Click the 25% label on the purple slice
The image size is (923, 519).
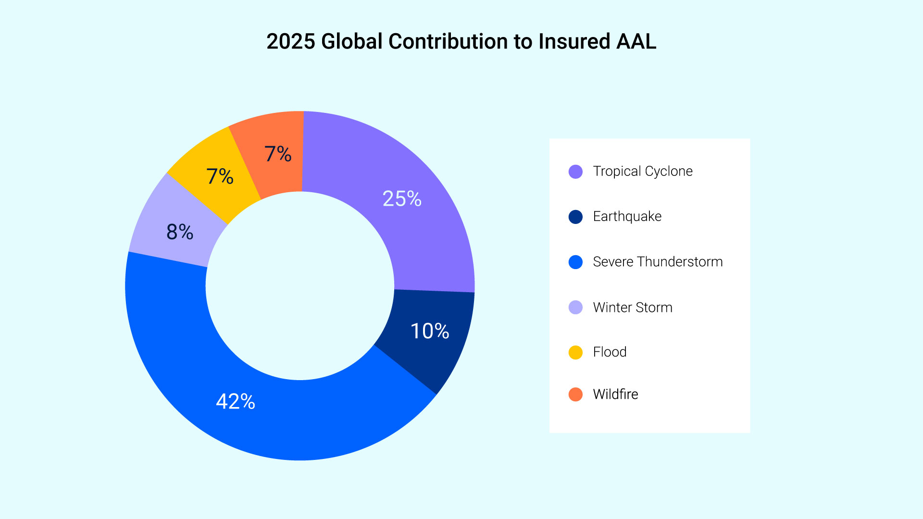click(x=402, y=198)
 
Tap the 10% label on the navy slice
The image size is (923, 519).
click(x=430, y=331)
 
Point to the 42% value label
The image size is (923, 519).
click(x=236, y=401)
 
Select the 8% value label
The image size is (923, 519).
click(x=180, y=232)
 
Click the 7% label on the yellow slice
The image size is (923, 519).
click(x=220, y=176)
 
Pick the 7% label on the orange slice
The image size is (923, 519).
click(x=278, y=154)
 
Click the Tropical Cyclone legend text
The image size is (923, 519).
click(x=643, y=172)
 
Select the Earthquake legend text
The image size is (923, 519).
click(x=627, y=217)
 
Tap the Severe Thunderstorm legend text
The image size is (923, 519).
click(x=658, y=261)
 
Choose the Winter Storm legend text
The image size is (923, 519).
click(x=633, y=307)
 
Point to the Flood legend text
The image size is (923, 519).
click(x=610, y=352)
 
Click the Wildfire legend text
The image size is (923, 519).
click(x=615, y=394)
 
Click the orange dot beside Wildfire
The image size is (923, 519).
click(x=575, y=395)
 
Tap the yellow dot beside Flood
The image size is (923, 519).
click(x=575, y=352)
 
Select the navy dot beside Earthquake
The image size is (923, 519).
click(x=575, y=217)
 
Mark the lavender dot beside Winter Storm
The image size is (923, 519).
click(x=575, y=307)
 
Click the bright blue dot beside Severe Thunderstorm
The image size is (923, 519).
click(x=575, y=262)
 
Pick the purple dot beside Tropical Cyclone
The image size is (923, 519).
click(x=575, y=172)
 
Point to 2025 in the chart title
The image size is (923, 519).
click(x=291, y=41)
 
